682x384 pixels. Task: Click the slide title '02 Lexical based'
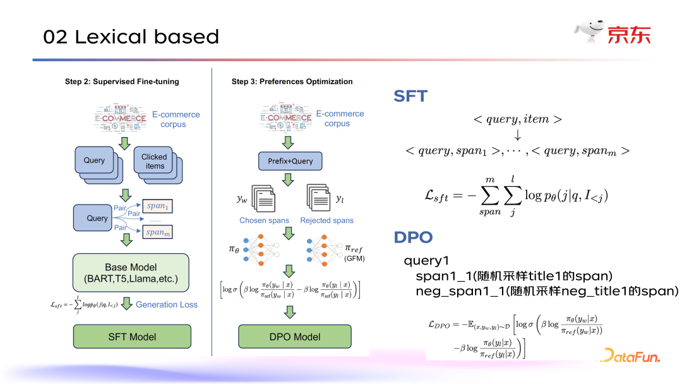click(131, 37)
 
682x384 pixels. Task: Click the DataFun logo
click(630, 356)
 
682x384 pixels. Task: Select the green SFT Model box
click(132, 337)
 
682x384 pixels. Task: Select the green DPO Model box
click(294, 337)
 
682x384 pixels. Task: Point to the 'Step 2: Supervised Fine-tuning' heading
click(122, 81)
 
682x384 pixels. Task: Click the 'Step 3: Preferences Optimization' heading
click(292, 81)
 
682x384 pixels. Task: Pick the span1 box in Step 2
click(158, 206)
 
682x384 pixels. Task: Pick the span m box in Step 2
click(158, 232)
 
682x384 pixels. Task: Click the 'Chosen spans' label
click(264, 220)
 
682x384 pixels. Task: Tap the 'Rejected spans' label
click(326, 220)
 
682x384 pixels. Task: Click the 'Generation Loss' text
click(167, 304)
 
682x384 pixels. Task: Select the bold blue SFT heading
click(410, 96)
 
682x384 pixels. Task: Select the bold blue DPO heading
click(413, 237)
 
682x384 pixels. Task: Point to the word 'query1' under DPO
click(427, 261)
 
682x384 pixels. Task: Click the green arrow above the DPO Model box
click(290, 311)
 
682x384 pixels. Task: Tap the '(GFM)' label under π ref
click(355, 258)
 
